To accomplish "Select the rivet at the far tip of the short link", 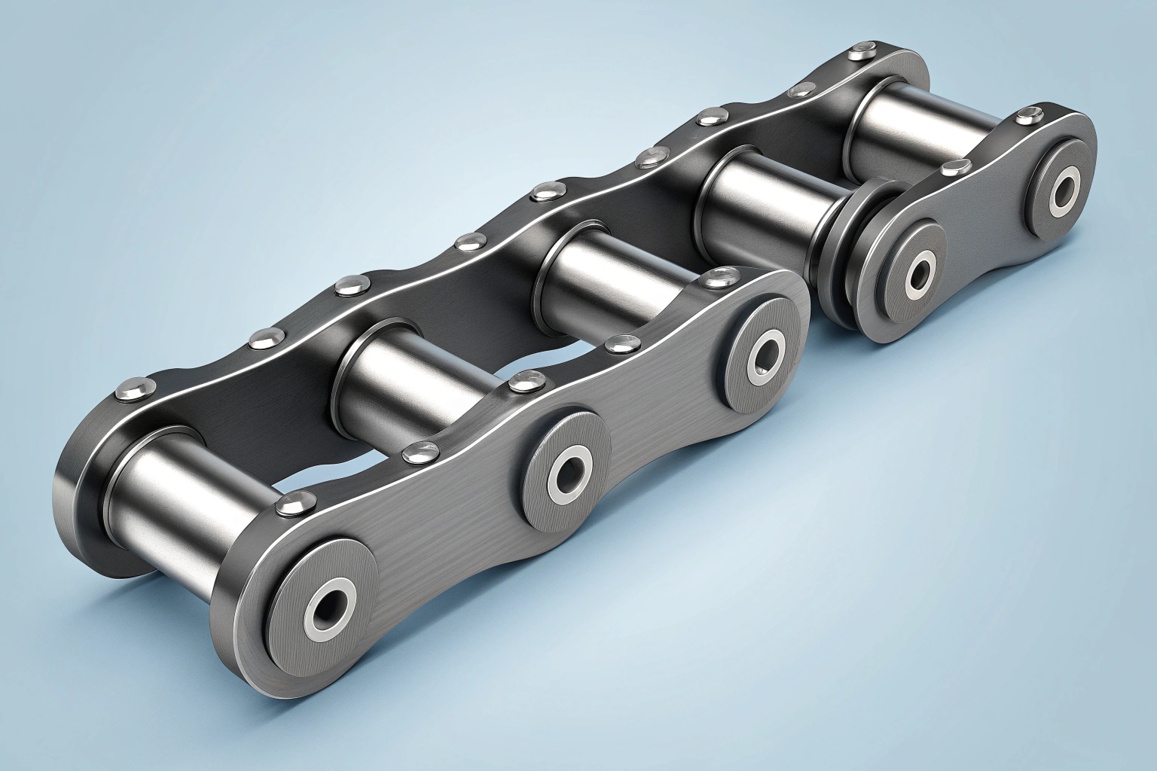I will tap(1024, 117).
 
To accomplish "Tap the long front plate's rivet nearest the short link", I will tap(712, 281).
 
